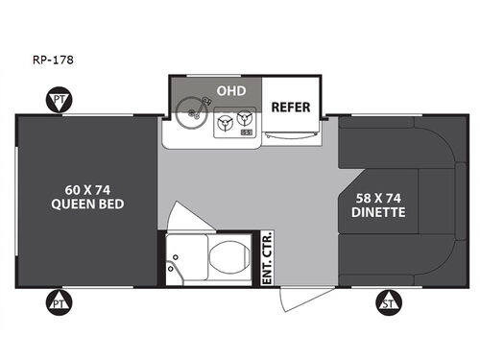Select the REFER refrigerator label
(x=289, y=107)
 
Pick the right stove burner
(x=247, y=119)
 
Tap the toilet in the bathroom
(x=227, y=257)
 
